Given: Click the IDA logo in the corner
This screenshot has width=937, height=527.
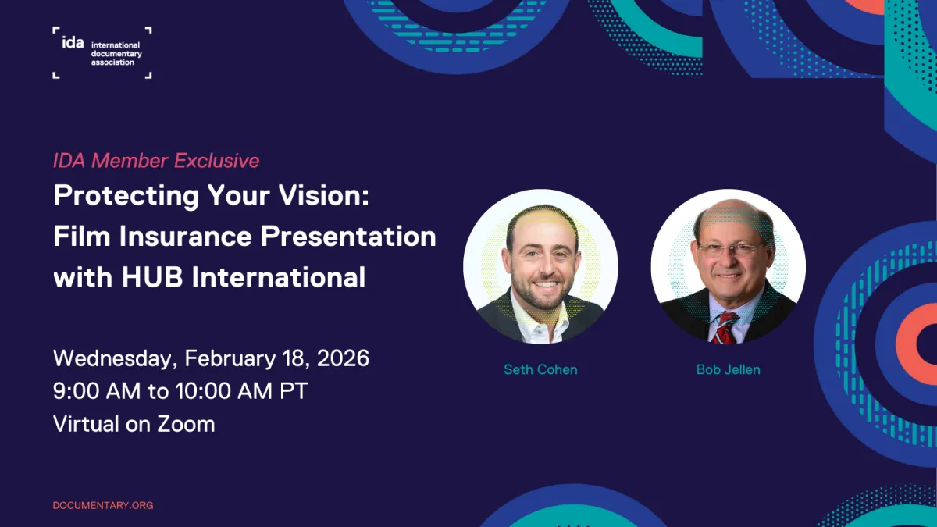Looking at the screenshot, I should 102,52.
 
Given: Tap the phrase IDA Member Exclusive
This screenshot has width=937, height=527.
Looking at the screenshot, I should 156,161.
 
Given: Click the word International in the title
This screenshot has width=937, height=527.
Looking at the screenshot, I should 279,277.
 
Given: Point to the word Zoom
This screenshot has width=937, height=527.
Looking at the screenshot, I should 186,424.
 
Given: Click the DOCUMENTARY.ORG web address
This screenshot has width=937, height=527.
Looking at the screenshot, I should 103,505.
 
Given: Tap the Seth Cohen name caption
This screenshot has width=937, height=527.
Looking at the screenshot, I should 540,369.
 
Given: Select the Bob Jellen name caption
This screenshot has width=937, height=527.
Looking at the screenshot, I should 728,369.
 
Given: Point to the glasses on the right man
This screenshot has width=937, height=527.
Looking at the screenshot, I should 729,249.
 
